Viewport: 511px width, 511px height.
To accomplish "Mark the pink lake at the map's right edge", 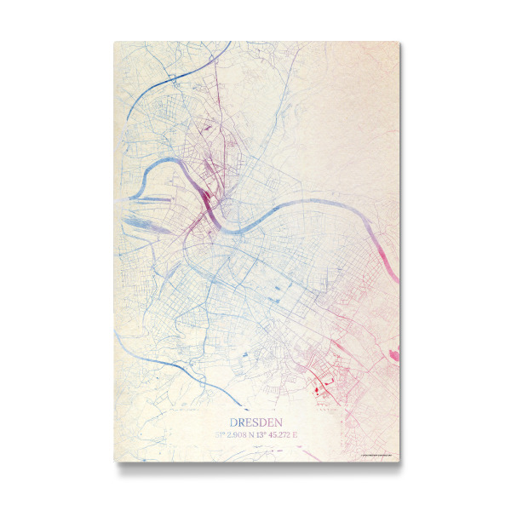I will pos(393,350).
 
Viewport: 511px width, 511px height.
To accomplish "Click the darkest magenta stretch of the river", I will pos(208,204).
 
